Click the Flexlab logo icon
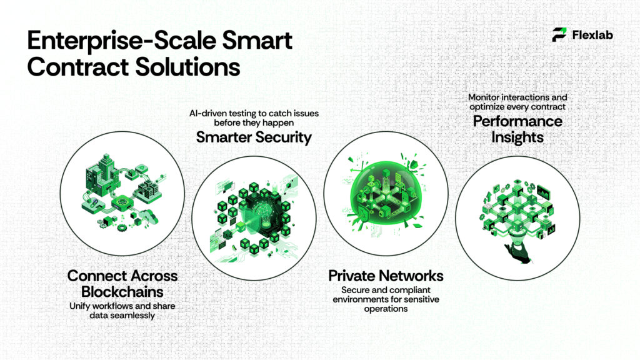click(559, 35)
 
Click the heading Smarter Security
click(254, 137)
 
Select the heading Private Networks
click(386, 276)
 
